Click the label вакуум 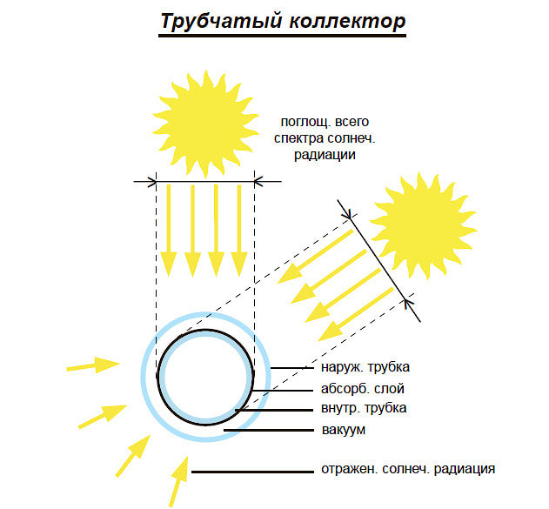(340, 430)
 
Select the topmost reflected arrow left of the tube (93, 365)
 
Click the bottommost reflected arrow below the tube (180, 479)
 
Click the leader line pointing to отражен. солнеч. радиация (252, 472)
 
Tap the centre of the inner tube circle (205, 375)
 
